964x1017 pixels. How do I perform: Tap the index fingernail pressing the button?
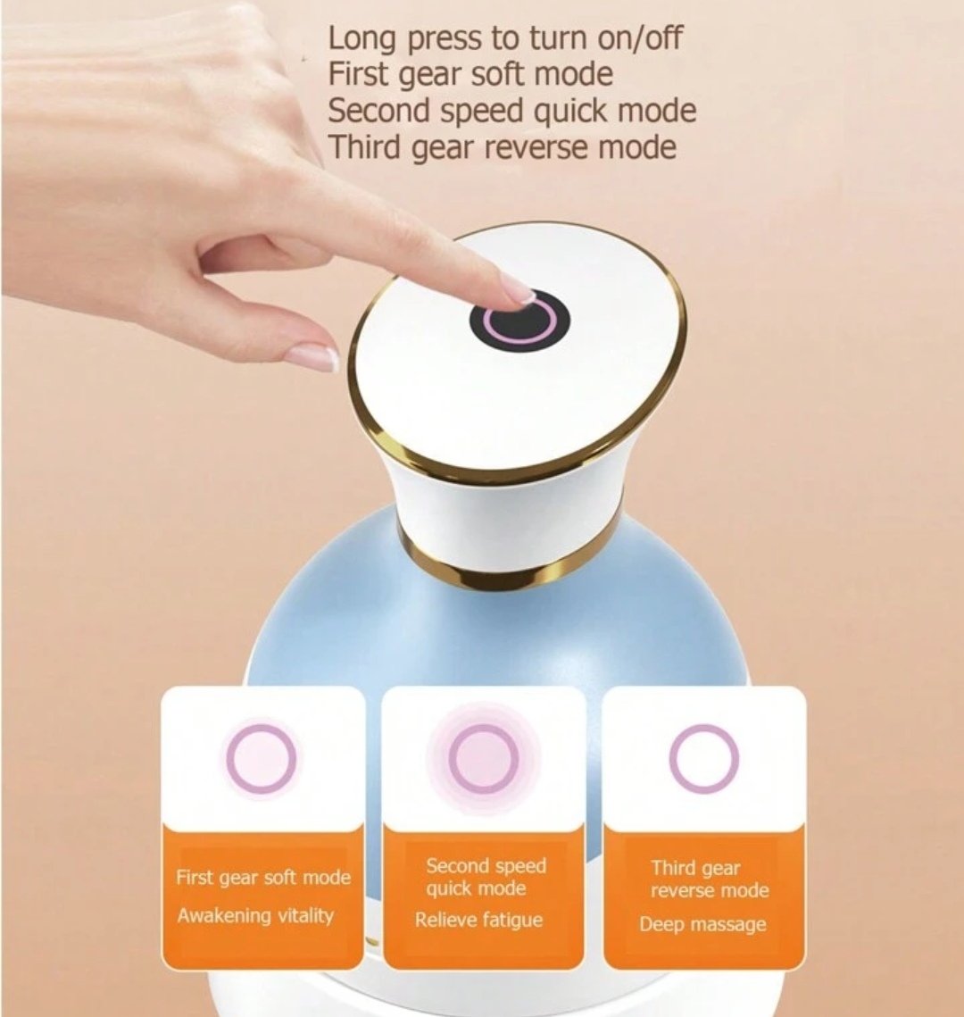522,292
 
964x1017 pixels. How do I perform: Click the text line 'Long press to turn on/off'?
505,38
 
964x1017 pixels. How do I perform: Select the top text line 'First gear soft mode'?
470,75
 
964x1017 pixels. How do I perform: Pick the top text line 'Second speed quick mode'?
512,111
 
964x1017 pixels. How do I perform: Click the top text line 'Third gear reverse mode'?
502,147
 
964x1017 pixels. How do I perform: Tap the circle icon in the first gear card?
262,757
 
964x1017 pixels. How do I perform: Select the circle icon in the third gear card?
704,757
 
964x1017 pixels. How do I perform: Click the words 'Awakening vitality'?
255,916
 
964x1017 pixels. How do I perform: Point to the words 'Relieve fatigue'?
478,920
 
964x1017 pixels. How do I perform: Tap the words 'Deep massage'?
702,924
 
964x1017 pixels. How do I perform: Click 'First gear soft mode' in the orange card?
263,879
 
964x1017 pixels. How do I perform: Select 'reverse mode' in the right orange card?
710,890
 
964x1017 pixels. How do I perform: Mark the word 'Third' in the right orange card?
674,868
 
